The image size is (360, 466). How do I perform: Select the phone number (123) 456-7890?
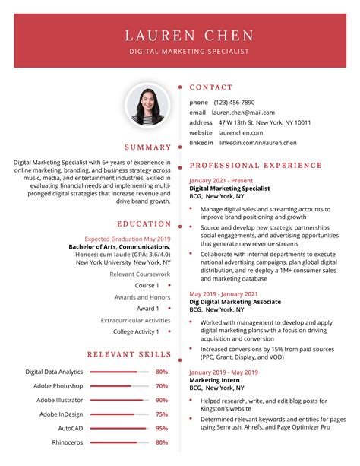point(234,102)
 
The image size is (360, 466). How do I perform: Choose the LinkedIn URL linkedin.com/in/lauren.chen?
point(258,143)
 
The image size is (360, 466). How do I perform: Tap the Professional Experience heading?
point(255,165)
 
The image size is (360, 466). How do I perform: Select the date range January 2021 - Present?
point(223,180)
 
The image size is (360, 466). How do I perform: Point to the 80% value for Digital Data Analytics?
point(162,372)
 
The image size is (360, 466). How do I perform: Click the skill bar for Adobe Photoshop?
point(119,386)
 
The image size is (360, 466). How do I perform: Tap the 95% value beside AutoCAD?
point(162,428)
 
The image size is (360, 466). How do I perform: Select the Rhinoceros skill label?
point(68,442)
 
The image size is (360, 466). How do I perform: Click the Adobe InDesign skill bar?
point(119,414)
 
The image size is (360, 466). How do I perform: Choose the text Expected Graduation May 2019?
point(128,239)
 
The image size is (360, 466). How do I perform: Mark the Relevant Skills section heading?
point(129,354)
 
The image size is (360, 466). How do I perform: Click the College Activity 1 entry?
point(136,331)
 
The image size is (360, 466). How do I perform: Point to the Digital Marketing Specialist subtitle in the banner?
point(189,52)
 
